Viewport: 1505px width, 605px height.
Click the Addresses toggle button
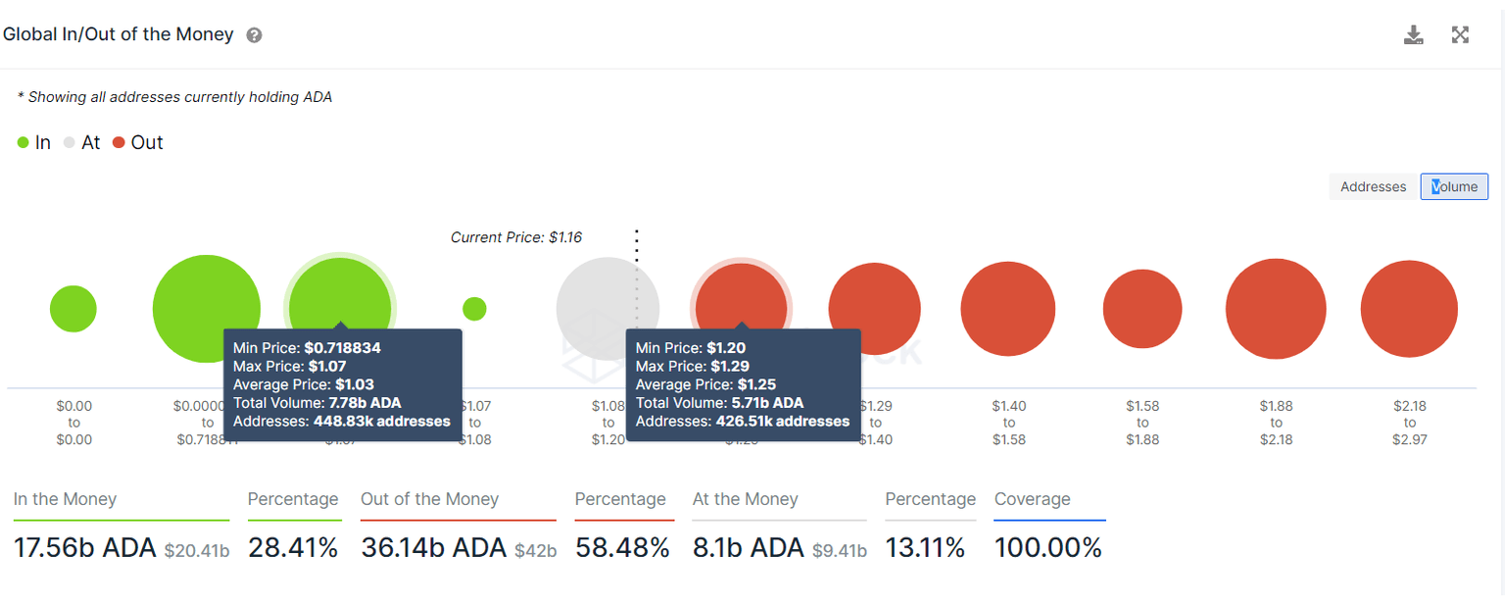(x=1373, y=186)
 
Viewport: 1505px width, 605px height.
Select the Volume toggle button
(x=1454, y=186)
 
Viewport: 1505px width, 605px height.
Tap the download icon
(x=1413, y=35)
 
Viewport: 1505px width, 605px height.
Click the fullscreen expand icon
(x=1460, y=35)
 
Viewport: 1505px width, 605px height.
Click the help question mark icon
(x=254, y=35)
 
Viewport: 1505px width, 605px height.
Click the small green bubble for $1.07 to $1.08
(x=474, y=309)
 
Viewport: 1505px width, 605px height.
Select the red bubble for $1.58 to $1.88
(x=1142, y=309)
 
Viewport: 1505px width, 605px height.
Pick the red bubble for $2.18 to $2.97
(x=1409, y=309)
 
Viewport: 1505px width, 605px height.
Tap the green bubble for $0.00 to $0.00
(x=73, y=310)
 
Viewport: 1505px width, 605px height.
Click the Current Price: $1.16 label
(x=515, y=237)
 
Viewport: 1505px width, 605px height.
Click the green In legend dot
(x=23, y=143)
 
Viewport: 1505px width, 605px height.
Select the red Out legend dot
(x=119, y=143)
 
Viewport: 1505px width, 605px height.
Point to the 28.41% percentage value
(x=293, y=547)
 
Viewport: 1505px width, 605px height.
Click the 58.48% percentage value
(x=622, y=547)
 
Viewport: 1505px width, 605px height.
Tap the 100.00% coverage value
(x=1047, y=547)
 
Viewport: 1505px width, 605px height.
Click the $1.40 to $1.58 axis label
(x=1009, y=423)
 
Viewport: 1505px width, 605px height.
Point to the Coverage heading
(x=1032, y=499)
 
